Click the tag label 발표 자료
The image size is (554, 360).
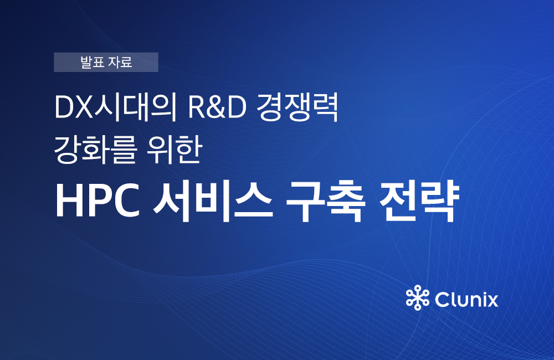(x=106, y=62)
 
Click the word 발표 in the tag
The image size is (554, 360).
(x=92, y=62)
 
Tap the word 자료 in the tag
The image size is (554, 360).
(x=120, y=62)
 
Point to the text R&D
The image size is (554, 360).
(x=217, y=107)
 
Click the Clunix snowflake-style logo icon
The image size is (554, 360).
(x=418, y=297)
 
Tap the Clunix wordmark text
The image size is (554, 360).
(x=466, y=300)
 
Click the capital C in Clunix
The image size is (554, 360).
(x=443, y=300)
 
